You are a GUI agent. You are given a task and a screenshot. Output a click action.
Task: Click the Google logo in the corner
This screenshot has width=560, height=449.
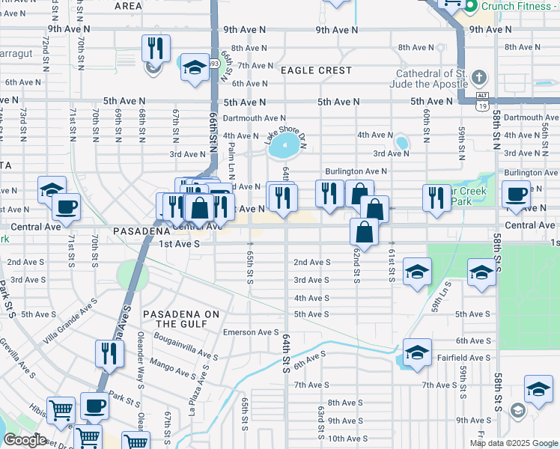click(24, 440)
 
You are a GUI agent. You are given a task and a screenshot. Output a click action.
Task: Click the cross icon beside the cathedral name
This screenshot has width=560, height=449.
click(479, 77)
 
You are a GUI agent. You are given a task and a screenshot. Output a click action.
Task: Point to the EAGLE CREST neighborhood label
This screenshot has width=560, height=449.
click(316, 70)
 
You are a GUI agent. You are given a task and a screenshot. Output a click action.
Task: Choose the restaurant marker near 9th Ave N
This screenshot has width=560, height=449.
click(156, 49)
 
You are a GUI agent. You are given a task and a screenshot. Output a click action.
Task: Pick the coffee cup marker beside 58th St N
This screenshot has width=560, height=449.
click(516, 195)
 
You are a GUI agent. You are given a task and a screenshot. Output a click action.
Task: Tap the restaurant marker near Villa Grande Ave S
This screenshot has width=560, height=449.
click(110, 353)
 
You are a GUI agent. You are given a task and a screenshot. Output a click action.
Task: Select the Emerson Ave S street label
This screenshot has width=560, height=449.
click(250, 332)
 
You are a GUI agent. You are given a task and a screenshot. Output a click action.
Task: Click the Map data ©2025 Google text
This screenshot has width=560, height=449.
click(514, 443)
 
